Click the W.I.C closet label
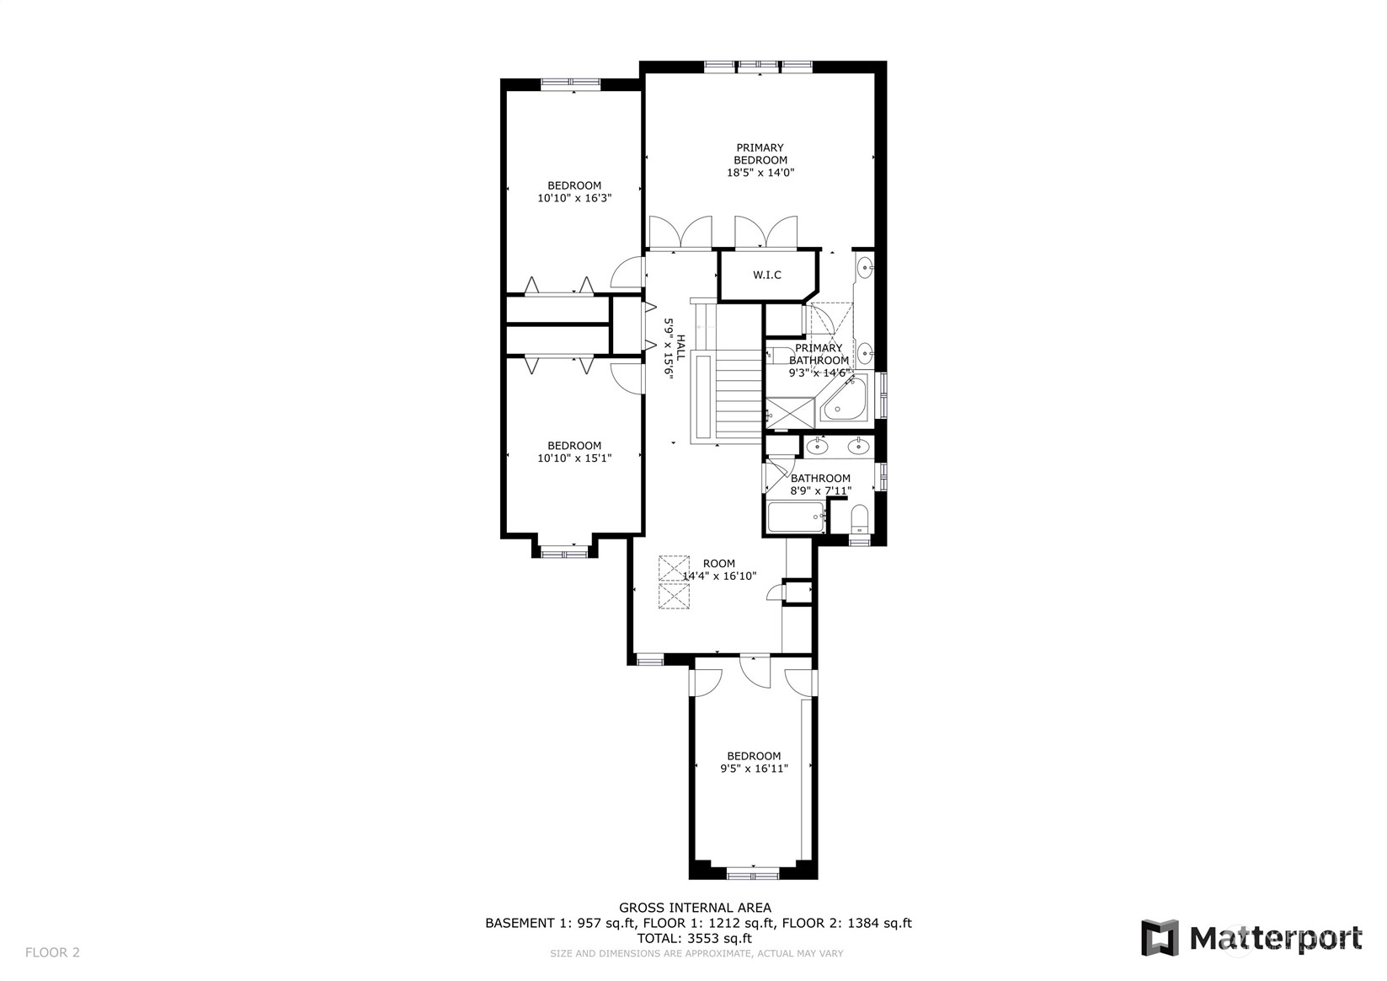pyautogui.click(x=766, y=275)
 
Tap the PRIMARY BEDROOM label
pyautogui.click(x=760, y=153)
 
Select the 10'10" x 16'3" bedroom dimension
pyautogui.click(x=574, y=198)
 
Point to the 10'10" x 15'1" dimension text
pyautogui.click(x=574, y=458)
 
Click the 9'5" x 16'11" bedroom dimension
pyautogui.click(x=754, y=769)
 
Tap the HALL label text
pyautogui.click(x=680, y=348)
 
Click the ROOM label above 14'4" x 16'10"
pyautogui.click(x=719, y=563)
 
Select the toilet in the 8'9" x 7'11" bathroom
pyautogui.click(x=860, y=518)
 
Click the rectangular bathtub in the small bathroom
pyautogui.click(x=797, y=517)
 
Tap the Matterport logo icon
pyautogui.click(x=1160, y=938)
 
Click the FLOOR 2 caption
pyautogui.click(x=52, y=952)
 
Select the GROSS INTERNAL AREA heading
pyautogui.click(x=695, y=908)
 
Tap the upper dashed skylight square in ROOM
pyautogui.click(x=674, y=568)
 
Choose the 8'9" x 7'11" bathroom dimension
pyautogui.click(x=820, y=490)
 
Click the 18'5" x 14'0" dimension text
pyautogui.click(x=760, y=173)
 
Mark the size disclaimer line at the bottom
pyautogui.click(x=696, y=953)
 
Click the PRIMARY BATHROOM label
pyautogui.click(x=819, y=354)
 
